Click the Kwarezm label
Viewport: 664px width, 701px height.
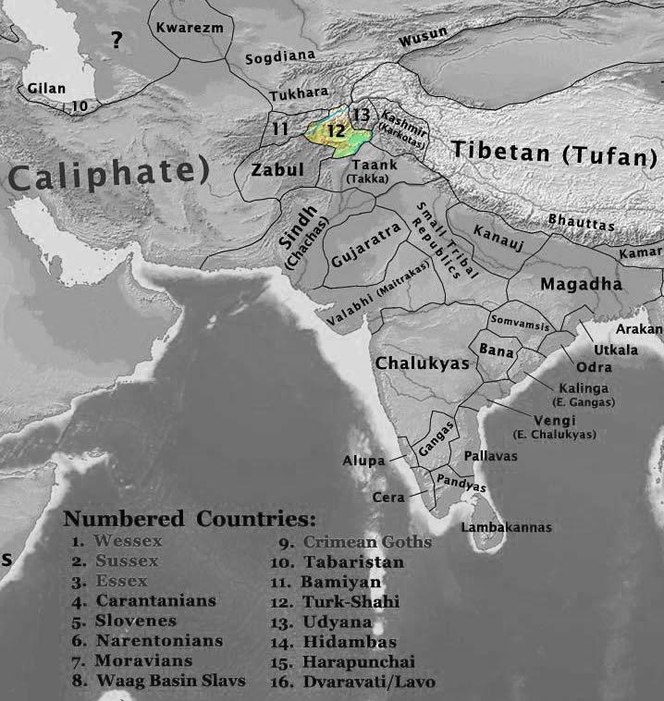190,28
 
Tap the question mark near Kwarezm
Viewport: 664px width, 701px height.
117,40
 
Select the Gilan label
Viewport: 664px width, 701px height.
47,88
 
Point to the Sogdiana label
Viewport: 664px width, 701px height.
275,59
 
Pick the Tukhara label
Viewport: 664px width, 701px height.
297,96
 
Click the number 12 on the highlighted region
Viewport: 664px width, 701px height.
336,131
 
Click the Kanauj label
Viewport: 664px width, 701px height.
498,228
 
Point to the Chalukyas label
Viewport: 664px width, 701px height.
423,363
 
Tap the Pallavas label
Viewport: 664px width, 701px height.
490,457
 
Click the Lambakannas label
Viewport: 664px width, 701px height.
506,527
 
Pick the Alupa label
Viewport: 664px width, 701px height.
362,459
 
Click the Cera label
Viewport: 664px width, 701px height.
387,497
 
